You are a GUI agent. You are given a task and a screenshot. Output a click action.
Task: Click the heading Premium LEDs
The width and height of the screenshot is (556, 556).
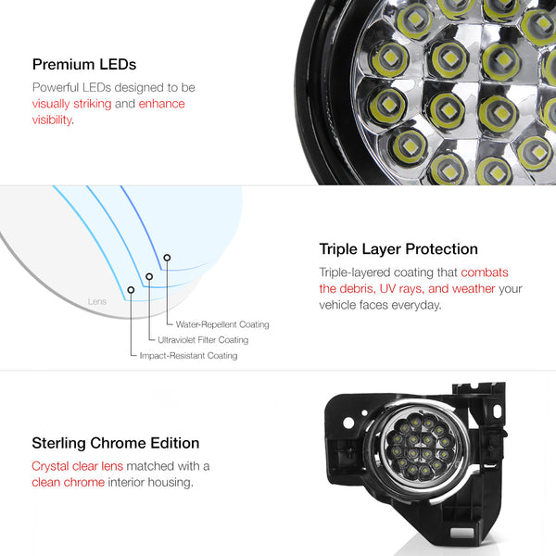(x=84, y=65)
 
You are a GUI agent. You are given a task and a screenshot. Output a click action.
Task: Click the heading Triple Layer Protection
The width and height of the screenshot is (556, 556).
(x=398, y=249)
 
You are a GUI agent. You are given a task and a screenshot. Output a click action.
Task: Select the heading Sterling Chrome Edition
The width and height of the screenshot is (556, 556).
(x=116, y=443)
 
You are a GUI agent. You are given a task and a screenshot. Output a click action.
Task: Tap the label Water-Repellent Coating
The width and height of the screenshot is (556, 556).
(x=222, y=324)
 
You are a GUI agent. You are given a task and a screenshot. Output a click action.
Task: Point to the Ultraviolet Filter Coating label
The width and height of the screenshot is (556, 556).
(x=203, y=340)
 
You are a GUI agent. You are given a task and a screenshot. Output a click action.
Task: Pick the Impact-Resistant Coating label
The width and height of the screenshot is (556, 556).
(x=188, y=355)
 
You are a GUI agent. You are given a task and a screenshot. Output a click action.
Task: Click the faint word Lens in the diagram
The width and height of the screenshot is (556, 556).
(x=97, y=301)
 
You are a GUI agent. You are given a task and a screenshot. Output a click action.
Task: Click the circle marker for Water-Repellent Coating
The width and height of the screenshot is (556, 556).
(x=167, y=258)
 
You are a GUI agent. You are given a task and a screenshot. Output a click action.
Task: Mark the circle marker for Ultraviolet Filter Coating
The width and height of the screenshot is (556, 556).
(x=149, y=276)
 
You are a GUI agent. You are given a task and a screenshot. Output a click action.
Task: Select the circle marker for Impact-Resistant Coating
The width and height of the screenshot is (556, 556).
(x=131, y=290)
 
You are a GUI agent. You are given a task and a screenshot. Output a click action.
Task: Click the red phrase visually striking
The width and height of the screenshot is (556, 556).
(x=71, y=104)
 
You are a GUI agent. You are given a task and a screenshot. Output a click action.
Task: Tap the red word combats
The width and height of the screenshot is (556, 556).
(x=485, y=272)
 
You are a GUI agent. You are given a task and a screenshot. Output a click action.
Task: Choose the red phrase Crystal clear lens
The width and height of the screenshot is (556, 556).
(x=77, y=466)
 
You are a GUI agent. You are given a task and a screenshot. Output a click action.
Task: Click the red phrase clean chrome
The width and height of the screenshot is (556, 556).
(x=68, y=482)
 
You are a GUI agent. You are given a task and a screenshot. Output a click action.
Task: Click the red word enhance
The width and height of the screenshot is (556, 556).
(x=161, y=104)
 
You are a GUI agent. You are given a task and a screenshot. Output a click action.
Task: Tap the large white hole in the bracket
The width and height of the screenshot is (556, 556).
(x=348, y=423)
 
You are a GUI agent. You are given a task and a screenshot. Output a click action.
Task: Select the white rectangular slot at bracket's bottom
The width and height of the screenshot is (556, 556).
(x=461, y=533)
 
